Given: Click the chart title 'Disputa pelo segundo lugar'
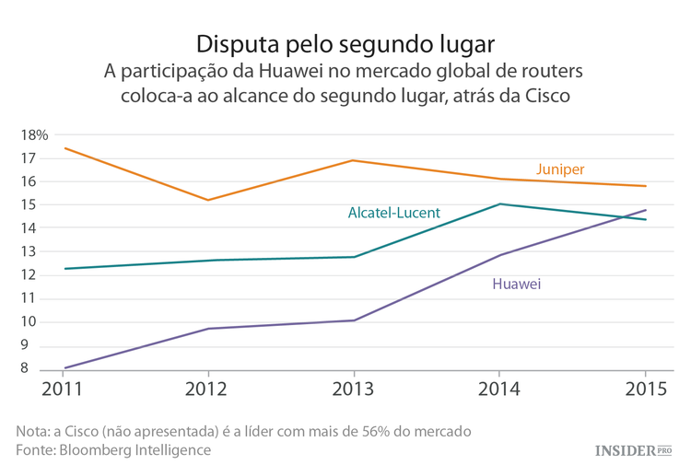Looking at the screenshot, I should (x=345, y=43).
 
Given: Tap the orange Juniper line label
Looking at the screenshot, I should (x=560, y=169).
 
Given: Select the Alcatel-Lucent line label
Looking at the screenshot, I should (x=393, y=213).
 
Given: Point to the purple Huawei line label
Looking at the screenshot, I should (x=516, y=285).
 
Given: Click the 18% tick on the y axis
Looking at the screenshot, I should (x=34, y=134).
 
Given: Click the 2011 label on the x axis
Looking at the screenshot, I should (x=64, y=389).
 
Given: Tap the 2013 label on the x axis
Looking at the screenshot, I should (x=354, y=389).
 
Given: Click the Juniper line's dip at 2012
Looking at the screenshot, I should (x=208, y=200).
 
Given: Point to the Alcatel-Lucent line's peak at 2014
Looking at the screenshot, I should (x=499, y=204).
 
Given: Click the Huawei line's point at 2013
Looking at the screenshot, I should (x=354, y=320).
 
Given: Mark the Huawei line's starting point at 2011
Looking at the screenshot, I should (x=64, y=367).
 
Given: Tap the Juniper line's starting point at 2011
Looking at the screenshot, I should (x=64, y=148).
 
